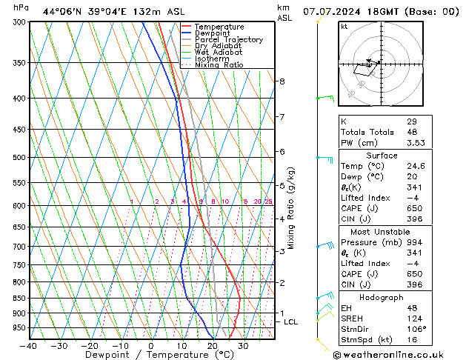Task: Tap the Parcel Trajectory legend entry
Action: (x=228, y=40)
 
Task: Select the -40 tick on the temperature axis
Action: (x=30, y=346)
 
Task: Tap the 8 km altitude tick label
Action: (x=282, y=81)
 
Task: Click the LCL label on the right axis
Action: (x=290, y=322)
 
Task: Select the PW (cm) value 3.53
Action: (x=416, y=143)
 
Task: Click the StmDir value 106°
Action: (x=416, y=329)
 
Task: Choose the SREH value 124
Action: (x=413, y=319)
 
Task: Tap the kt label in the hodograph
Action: (x=344, y=27)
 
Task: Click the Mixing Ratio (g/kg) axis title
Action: (x=291, y=208)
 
